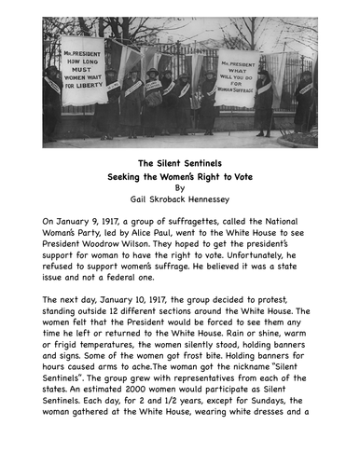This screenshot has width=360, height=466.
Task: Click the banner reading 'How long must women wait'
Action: [83, 70]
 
